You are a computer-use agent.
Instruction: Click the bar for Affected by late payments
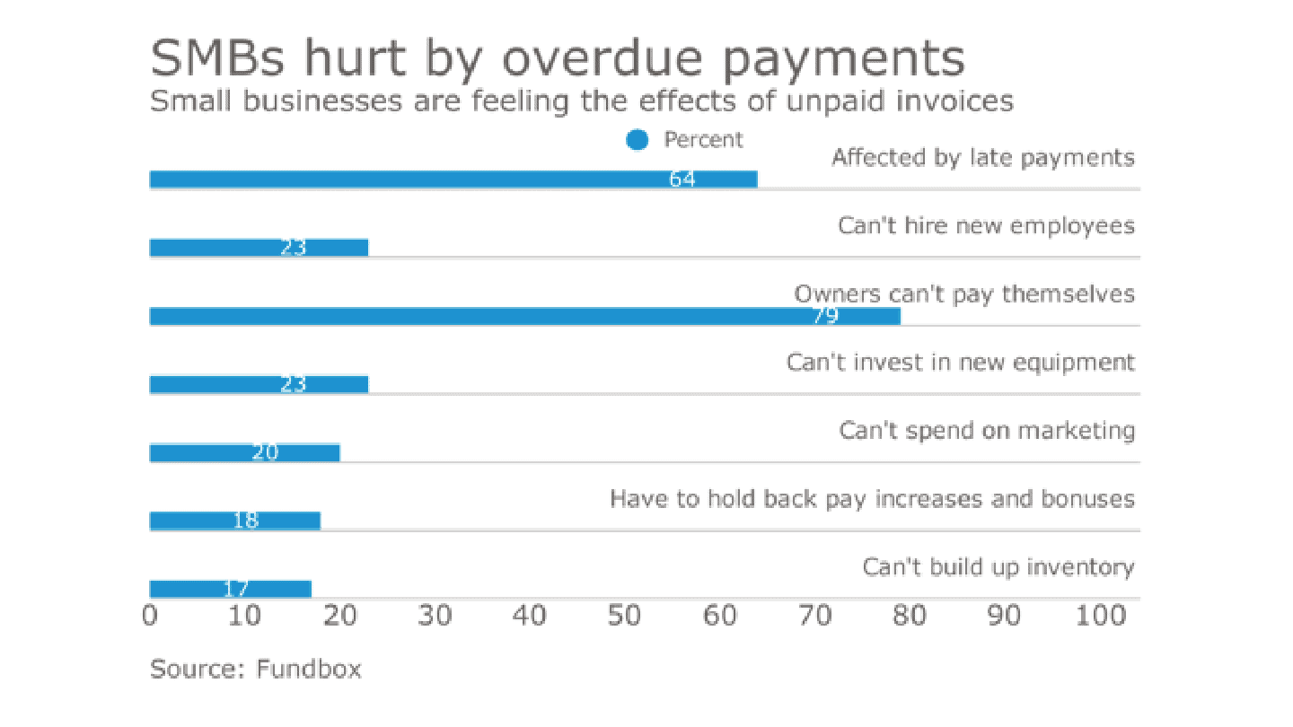point(453,180)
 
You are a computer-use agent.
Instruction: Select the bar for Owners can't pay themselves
point(524,316)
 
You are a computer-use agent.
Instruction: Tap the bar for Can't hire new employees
point(259,248)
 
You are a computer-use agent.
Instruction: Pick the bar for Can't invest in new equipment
point(259,384)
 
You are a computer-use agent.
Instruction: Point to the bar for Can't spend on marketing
point(244,452)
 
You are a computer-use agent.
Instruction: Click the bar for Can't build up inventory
point(230,589)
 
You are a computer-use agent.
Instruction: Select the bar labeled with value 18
point(234,521)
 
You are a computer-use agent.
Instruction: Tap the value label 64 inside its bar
point(682,180)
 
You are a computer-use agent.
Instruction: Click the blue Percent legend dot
point(638,140)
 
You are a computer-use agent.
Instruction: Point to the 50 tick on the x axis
point(624,616)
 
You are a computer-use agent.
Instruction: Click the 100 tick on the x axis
point(1100,616)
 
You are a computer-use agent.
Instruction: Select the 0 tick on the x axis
point(151,616)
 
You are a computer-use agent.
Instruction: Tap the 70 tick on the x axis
point(814,616)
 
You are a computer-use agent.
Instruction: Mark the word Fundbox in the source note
point(309,670)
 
